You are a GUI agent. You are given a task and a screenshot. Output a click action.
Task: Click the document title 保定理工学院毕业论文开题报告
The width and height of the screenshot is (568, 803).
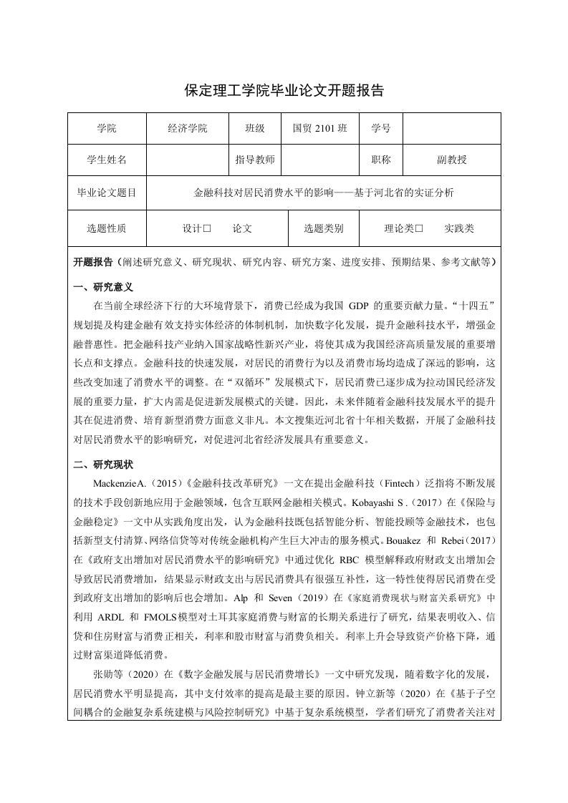tap(284, 91)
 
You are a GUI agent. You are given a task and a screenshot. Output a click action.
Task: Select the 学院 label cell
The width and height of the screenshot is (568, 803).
tap(106, 129)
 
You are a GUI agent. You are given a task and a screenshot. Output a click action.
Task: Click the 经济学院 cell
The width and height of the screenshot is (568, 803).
tap(187, 129)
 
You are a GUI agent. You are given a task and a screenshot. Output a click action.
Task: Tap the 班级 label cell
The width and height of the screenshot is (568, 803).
tap(255, 129)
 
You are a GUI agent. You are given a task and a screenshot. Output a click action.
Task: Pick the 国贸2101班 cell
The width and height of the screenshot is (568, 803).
tap(319, 129)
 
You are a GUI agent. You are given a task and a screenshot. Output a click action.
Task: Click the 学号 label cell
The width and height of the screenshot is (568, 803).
tap(381, 129)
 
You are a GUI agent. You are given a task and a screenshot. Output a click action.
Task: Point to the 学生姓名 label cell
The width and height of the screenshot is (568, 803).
tap(106, 160)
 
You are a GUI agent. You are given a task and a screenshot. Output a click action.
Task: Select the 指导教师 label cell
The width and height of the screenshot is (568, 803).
tap(255, 160)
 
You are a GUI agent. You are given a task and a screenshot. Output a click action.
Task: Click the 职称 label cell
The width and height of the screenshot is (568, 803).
tap(381, 160)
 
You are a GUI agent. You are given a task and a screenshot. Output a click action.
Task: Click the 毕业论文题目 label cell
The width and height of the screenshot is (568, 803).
tap(106, 193)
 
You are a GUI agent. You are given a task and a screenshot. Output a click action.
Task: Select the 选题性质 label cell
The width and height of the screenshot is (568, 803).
tap(106, 229)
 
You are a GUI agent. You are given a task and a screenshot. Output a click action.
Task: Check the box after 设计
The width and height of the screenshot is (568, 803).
tap(207, 229)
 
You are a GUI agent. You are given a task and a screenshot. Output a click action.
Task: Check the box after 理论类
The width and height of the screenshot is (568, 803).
tap(420, 229)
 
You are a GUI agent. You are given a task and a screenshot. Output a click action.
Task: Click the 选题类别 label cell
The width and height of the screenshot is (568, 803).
tap(323, 229)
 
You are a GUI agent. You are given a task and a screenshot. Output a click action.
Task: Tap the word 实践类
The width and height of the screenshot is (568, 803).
tap(458, 229)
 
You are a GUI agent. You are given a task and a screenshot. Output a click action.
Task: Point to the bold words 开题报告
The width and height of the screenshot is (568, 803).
tap(93, 262)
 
